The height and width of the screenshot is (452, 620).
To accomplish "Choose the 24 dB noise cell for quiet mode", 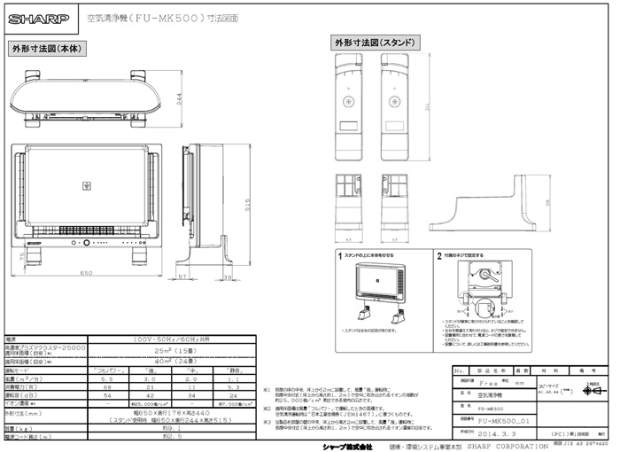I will click(x=233, y=394).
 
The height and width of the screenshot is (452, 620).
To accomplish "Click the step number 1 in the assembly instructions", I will click(x=340, y=255).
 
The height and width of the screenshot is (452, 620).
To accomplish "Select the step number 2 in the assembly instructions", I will click(x=438, y=255).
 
